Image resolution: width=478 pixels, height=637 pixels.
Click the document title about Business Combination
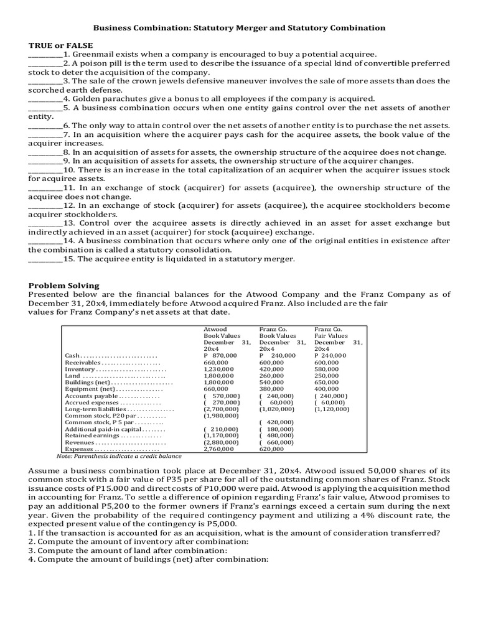(239, 28)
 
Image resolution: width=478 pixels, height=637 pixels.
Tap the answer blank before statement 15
(45, 259)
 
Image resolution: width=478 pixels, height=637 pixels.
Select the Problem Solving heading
(63, 285)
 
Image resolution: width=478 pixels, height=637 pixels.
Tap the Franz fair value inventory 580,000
(327, 369)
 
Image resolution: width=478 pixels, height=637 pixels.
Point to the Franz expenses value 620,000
(271, 448)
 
